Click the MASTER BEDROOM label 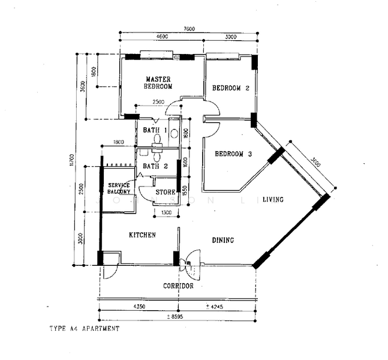[158, 83]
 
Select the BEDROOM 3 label [233, 154]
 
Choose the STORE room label [165, 193]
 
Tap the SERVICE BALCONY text [119, 188]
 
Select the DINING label [222, 241]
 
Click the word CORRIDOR [178, 286]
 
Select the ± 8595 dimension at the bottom [178, 316]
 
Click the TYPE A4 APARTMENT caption [85, 329]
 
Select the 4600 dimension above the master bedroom [162, 37]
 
